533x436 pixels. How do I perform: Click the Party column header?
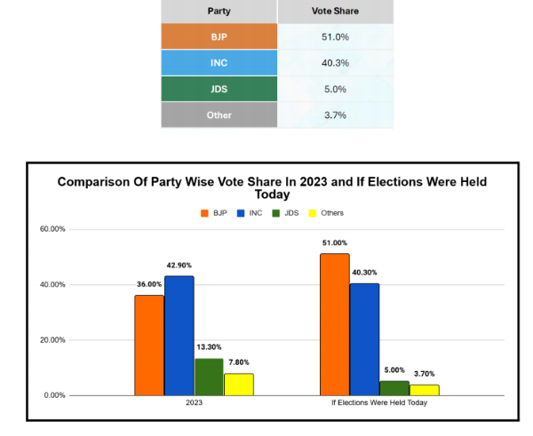coord(219,12)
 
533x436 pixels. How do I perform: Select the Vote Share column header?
coord(336,12)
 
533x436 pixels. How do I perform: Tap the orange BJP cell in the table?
coord(219,37)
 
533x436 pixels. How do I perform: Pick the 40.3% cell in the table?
coord(336,63)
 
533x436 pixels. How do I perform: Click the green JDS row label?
coord(219,89)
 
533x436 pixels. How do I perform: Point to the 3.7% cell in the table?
coord(336,115)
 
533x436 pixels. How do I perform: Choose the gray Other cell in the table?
coord(219,115)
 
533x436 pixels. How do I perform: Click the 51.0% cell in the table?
coord(336,37)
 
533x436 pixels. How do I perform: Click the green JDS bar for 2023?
coord(209,377)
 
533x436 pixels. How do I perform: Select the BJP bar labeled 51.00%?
coord(334,324)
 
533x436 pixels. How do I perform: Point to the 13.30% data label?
coord(209,347)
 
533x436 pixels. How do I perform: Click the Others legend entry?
coord(327,213)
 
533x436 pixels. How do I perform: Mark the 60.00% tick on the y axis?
coord(52,229)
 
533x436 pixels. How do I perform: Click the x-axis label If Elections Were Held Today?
coord(379,402)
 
